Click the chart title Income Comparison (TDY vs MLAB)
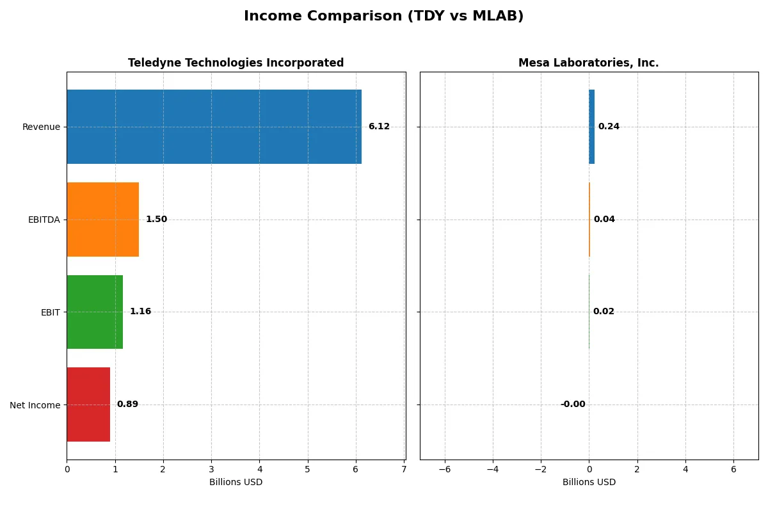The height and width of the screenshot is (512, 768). point(383,17)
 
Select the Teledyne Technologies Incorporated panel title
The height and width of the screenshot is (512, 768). point(236,63)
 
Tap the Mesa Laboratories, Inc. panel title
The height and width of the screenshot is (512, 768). point(588,63)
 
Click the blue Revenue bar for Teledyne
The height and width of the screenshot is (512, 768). point(214,127)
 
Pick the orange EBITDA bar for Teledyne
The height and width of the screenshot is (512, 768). point(102,220)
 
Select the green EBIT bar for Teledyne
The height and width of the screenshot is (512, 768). point(95,312)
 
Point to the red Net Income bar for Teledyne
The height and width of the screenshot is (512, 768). point(88,404)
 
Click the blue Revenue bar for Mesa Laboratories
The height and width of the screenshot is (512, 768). point(592,127)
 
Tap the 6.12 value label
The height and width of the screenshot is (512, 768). point(379,127)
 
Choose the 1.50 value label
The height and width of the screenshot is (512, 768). point(156,220)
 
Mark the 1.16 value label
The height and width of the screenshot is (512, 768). point(140,312)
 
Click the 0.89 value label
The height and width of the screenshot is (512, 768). point(127,404)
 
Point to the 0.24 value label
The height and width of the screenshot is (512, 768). point(609,127)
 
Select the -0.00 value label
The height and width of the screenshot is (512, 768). point(573,404)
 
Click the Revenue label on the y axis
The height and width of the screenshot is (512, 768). point(41,127)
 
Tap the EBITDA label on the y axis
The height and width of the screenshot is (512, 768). point(44,220)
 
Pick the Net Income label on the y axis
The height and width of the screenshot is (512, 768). point(35,404)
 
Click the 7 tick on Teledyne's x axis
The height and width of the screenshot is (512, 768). point(404,469)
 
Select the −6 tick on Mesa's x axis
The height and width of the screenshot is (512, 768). point(444,469)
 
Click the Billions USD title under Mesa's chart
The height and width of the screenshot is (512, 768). point(589,482)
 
